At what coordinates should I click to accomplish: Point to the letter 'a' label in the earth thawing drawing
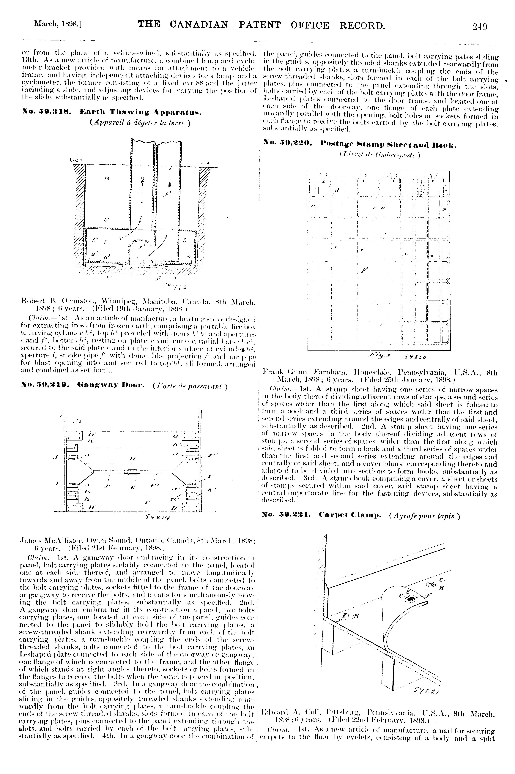[x=107, y=179]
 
